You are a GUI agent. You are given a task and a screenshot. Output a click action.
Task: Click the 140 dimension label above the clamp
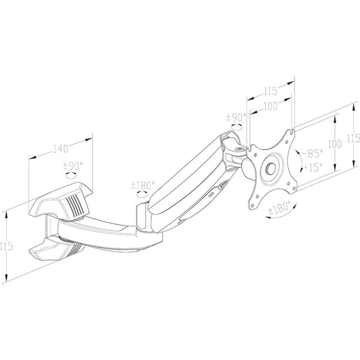61,149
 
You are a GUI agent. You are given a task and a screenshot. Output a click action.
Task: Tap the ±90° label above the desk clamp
73,166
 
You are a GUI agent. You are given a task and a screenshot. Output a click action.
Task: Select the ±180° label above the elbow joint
143,185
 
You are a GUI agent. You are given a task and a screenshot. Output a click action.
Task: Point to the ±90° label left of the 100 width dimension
236,118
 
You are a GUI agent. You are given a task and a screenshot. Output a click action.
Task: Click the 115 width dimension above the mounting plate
271,91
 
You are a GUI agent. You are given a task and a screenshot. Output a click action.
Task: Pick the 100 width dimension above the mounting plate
270,106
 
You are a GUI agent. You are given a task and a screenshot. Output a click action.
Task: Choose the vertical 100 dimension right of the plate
335,144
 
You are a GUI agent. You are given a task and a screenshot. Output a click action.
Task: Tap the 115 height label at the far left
7,247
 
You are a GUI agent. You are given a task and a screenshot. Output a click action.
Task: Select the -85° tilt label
313,154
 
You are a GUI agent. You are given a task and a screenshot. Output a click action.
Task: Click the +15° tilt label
313,167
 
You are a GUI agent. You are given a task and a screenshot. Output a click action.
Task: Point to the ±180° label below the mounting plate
280,208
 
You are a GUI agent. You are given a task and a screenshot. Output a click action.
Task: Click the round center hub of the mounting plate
271,169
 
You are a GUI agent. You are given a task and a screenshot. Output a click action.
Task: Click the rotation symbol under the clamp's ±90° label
71,175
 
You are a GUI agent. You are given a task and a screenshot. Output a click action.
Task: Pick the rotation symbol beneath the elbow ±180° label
142,194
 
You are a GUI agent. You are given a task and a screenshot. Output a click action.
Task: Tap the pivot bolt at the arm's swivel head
240,149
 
